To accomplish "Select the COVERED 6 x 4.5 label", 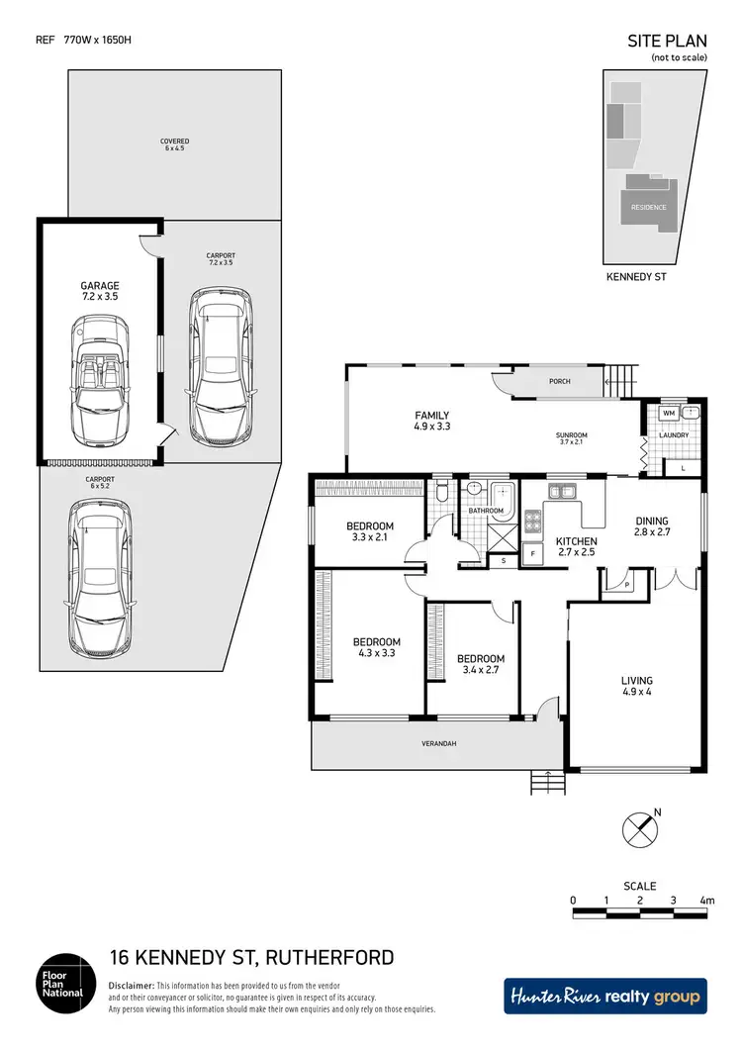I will [174, 144].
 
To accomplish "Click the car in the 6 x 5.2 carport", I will [95, 574].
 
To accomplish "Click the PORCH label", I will [561, 381].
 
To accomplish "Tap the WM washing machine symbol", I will [668, 413].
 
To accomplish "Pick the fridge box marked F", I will [533, 554].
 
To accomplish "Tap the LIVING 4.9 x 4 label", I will [636, 686].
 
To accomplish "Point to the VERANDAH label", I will [436, 743].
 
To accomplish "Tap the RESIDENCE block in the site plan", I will [648, 208].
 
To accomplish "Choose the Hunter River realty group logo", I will [606, 997].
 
